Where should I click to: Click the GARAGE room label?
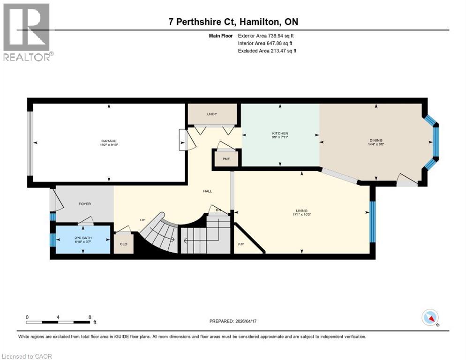tap(109, 141)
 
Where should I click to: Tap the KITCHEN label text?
tap(280, 134)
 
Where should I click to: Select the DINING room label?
tap(376, 140)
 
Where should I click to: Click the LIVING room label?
tap(301, 211)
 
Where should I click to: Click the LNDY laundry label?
tap(212, 114)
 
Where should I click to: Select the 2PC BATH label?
tap(83, 238)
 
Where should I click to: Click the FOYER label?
tap(84, 204)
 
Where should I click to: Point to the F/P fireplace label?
tap(241, 244)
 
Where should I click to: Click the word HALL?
tap(207, 191)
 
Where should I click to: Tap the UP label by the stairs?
tap(143, 219)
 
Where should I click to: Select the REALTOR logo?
tap(28, 33)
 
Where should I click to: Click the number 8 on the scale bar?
tap(90, 317)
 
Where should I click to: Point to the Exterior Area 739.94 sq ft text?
tap(266, 36)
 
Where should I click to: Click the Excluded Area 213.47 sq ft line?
tap(267, 51)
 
